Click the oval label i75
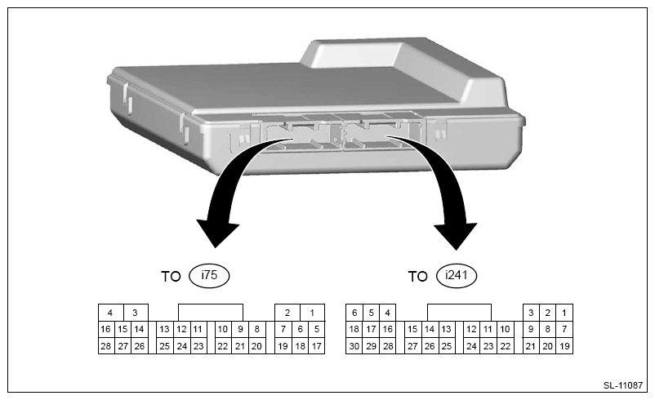click(210, 276)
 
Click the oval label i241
click(457, 276)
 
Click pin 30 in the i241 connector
click(354, 347)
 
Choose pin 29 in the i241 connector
click(371, 347)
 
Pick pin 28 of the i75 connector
click(105, 347)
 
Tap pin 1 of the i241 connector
click(564, 313)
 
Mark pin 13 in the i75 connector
click(164, 330)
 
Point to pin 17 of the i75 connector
click(317, 347)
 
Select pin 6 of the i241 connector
click(354, 313)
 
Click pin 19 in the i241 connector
click(564, 347)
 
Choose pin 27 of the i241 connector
click(412, 347)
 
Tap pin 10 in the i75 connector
click(223, 330)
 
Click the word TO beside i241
click(417, 277)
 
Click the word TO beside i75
click(171, 277)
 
